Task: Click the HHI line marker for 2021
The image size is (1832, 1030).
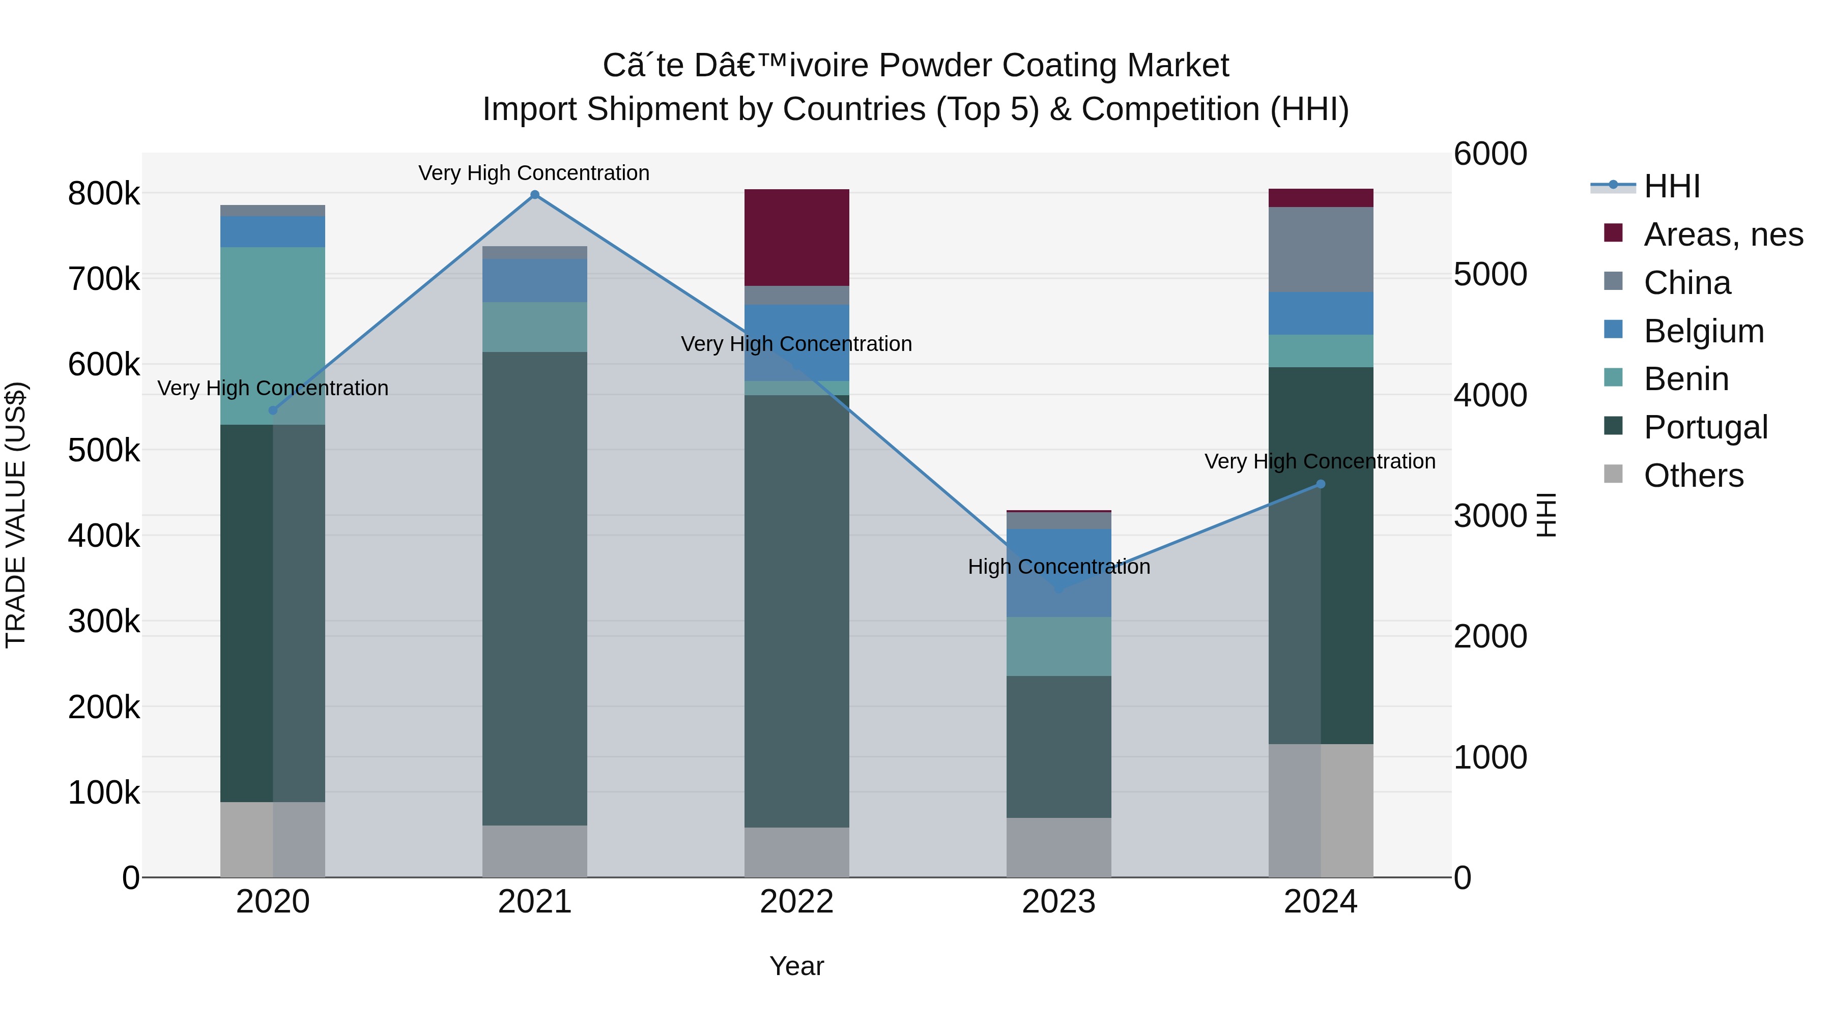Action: pyautogui.click(x=535, y=195)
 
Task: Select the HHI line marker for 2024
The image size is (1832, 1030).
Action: pyautogui.click(x=1321, y=484)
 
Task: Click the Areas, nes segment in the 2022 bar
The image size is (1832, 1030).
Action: pyautogui.click(x=796, y=238)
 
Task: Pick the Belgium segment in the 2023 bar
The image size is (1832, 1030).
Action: pyautogui.click(x=1058, y=572)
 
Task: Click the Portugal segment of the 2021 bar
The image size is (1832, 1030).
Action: pyautogui.click(x=535, y=588)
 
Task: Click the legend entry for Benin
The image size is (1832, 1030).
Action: pyautogui.click(x=1685, y=379)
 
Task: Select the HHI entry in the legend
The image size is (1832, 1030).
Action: pyautogui.click(x=1671, y=186)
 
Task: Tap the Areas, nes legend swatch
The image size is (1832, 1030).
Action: pyautogui.click(x=1614, y=233)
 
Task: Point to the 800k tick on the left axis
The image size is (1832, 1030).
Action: pyautogui.click(x=104, y=193)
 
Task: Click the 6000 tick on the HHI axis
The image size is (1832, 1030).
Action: pyautogui.click(x=1490, y=154)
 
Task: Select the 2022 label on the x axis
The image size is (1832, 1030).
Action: pyautogui.click(x=796, y=901)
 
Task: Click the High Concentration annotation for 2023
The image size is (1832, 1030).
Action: pyautogui.click(x=1058, y=567)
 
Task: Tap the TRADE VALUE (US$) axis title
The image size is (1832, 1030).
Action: pyautogui.click(x=16, y=515)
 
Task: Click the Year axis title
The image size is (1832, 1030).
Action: pyautogui.click(x=796, y=966)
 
